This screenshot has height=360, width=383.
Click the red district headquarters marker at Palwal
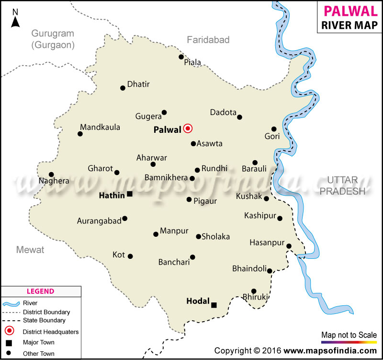(188, 128)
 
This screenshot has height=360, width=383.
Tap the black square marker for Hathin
(129, 194)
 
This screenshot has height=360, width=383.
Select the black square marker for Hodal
(214, 305)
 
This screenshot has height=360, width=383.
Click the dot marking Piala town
(181, 57)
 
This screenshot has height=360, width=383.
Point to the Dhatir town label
(138, 84)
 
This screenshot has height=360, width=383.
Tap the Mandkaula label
(100, 127)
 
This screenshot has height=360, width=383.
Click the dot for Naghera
(51, 174)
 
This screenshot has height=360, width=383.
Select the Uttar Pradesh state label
(343, 186)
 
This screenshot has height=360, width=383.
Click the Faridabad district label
(208, 40)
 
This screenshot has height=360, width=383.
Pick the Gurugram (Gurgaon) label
(53, 39)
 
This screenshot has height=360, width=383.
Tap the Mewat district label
(30, 250)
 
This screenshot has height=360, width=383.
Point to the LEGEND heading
(40, 291)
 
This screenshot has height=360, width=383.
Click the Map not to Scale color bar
(349, 343)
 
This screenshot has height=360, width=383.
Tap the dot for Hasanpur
(289, 246)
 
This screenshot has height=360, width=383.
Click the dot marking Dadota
(240, 117)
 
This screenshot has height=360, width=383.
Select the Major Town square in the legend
(9, 342)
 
